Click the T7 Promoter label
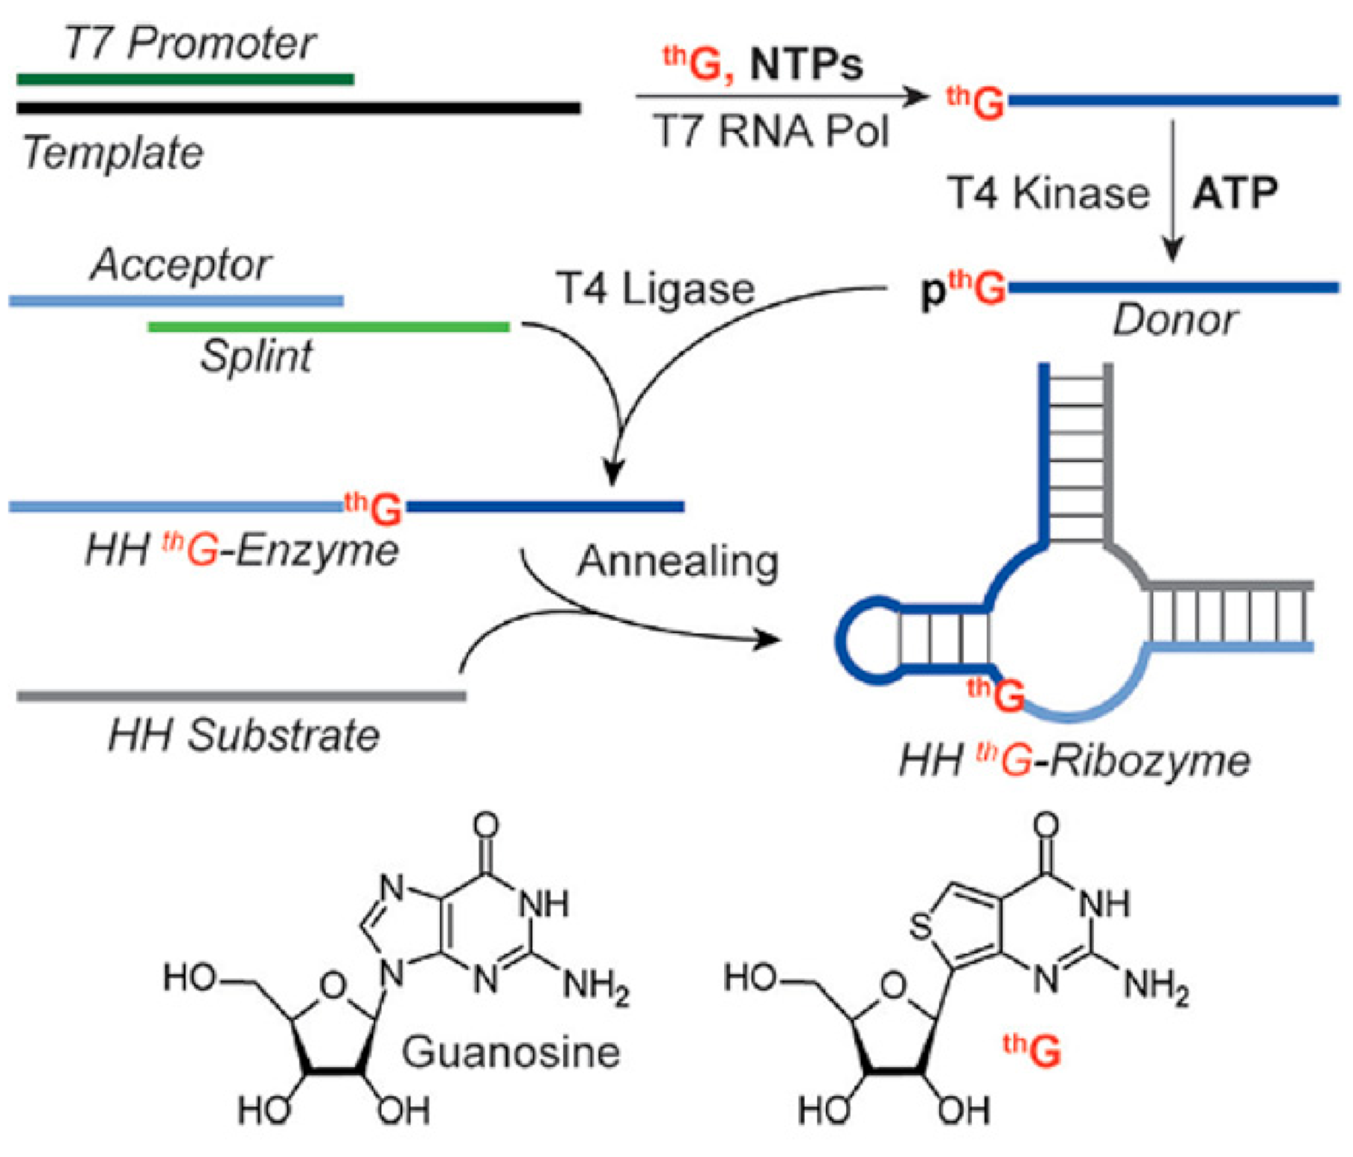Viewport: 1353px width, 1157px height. pos(190,43)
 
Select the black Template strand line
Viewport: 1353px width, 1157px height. pos(298,109)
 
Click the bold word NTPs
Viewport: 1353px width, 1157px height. pos(806,65)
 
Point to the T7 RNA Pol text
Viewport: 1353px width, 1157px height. pos(771,132)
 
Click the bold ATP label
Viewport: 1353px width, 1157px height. pos(1235,194)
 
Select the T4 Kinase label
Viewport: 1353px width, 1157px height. pos(1048,194)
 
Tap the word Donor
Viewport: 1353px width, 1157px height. pos(1175,321)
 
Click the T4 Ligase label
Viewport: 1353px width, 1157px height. pos(655,289)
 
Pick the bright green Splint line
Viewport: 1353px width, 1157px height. pos(328,327)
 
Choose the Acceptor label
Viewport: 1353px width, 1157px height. pos(181,264)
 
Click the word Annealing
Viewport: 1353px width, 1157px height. pos(678,561)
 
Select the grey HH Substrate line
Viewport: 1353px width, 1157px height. pos(241,696)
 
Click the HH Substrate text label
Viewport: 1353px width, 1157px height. pos(244,736)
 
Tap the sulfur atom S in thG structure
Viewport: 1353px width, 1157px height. pos(921,928)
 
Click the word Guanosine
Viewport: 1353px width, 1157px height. pos(511,1052)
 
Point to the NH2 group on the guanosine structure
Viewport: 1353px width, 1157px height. pos(595,987)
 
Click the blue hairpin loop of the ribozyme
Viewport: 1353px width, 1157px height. pos(852,640)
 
